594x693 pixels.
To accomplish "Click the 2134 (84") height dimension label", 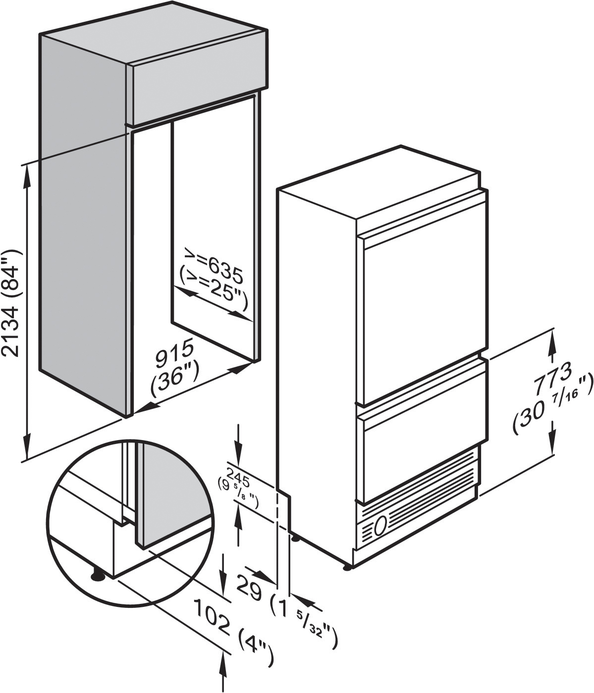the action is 12,303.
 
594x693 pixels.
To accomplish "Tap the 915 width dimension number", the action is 174,353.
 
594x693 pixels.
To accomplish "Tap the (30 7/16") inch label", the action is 552,407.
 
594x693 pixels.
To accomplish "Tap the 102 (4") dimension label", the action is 233,630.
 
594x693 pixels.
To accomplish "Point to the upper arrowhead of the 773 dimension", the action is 552,343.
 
